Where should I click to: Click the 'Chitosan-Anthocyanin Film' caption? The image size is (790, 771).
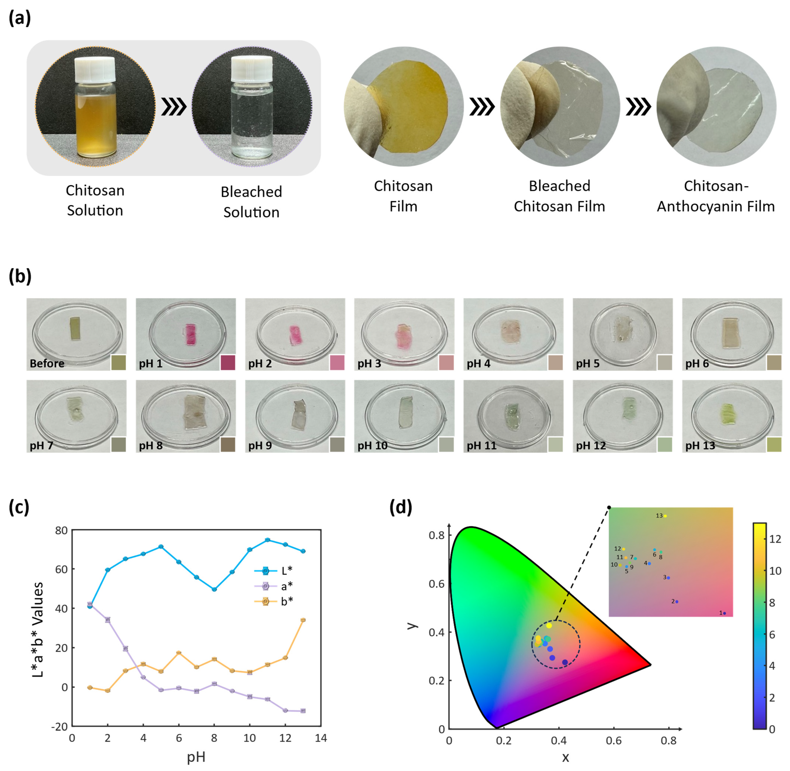click(716, 196)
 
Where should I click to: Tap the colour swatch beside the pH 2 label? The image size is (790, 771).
click(337, 363)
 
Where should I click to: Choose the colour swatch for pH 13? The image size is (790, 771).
click(774, 445)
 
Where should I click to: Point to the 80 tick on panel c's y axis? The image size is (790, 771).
click(61, 531)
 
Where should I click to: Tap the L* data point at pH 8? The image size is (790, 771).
click(214, 589)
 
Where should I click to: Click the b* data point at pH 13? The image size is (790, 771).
click(303, 620)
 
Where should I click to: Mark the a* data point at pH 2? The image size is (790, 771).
click(108, 620)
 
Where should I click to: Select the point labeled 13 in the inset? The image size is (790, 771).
click(665, 516)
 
